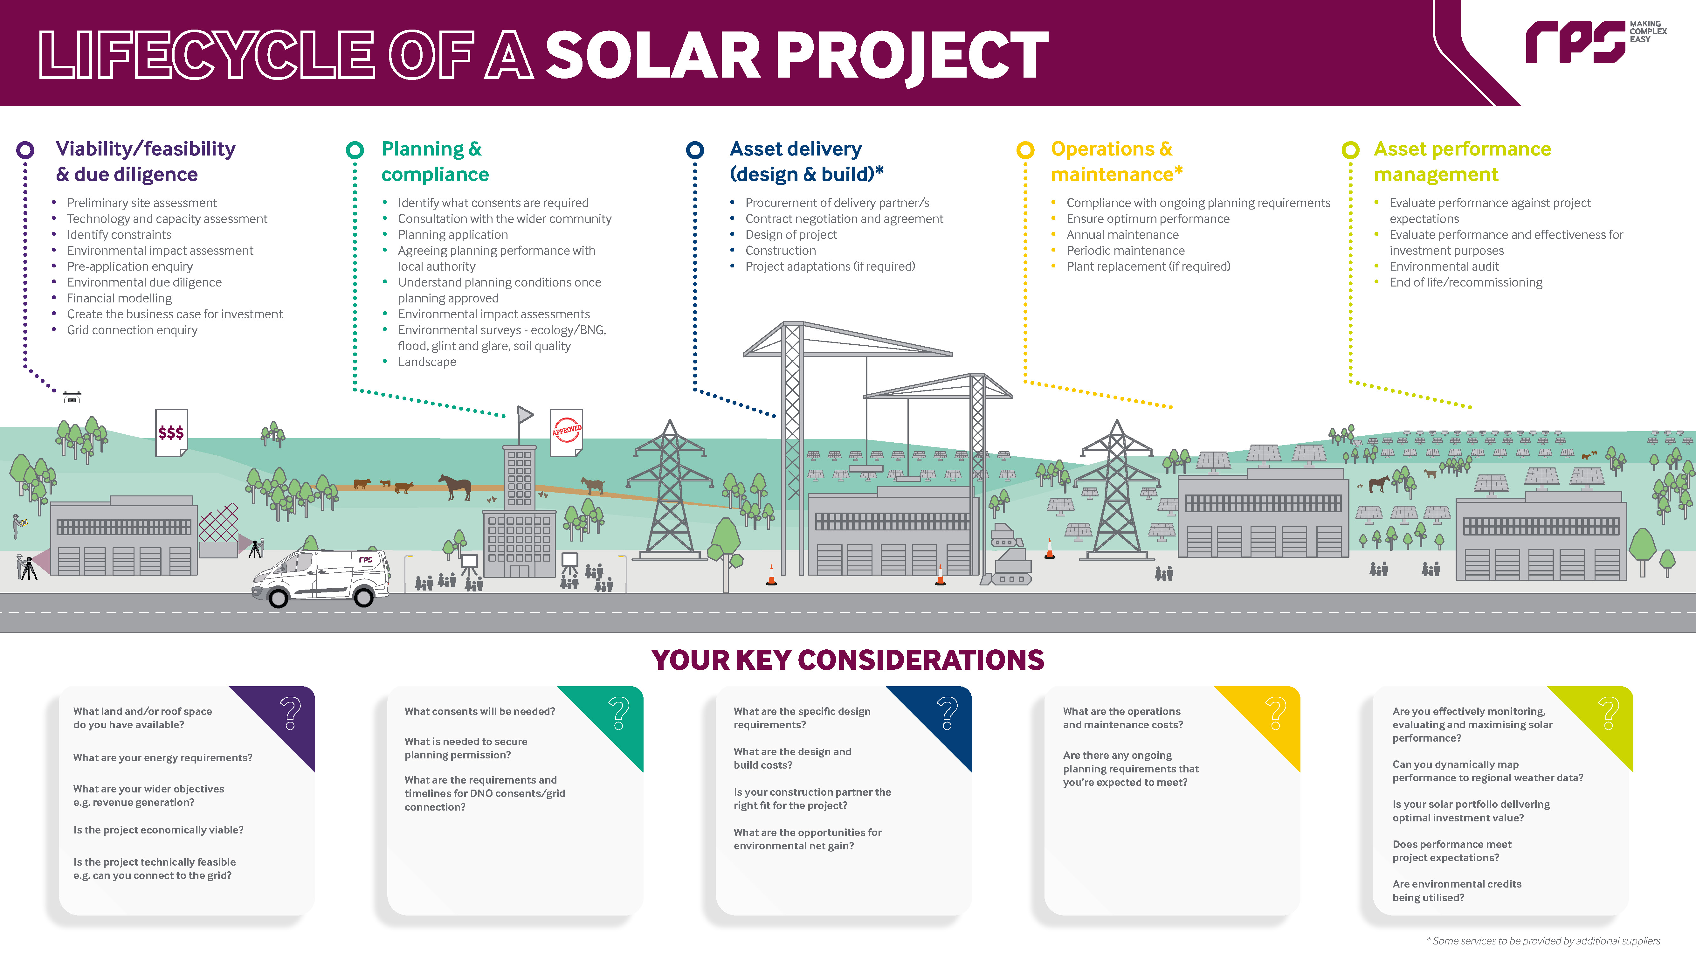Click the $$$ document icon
click(171, 432)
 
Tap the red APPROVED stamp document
click(566, 431)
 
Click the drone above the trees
click(72, 396)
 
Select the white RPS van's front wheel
click(279, 598)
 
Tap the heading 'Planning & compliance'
click(435, 161)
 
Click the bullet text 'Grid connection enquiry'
click(132, 330)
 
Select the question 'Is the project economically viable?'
click(158, 830)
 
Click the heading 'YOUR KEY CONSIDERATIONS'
click(847, 660)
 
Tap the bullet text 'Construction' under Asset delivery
click(780, 250)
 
